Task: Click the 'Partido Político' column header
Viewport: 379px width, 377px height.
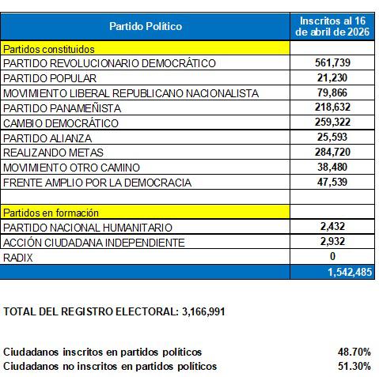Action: click(x=146, y=26)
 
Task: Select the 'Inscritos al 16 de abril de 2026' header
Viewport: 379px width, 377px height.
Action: click(x=332, y=26)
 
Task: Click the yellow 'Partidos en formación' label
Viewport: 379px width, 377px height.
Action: click(x=51, y=213)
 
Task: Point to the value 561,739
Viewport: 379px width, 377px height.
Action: click(x=332, y=63)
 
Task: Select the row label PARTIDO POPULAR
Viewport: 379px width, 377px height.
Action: click(x=50, y=78)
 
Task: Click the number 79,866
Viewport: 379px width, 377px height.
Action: click(x=332, y=93)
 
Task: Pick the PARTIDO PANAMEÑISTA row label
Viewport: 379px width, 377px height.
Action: click(x=63, y=108)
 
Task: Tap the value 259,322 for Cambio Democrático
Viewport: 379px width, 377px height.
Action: click(x=332, y=123)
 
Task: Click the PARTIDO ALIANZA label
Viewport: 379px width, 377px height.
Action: click(x=49, y=138)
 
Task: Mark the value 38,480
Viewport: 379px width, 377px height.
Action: click(x=332, y=168)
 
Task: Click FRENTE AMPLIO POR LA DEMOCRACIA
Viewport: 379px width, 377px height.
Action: click(x=97, y=183)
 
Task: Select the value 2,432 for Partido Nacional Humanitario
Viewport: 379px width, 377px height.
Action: click(x=332, y=227)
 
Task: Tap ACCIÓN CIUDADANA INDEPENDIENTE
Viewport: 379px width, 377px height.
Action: click(x=94, y=242)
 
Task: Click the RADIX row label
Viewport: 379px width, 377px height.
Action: click(x=17, y=257)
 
